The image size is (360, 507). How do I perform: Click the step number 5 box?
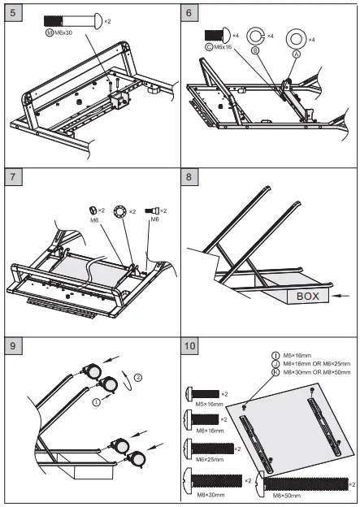point(13,13)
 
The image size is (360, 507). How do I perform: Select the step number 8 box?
point(189,177)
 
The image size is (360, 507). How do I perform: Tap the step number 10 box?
point(189,346)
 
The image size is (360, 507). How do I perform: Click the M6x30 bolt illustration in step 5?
point(73,21)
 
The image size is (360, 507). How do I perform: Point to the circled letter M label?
point(50,32)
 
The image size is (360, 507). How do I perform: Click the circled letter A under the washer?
point(297,54)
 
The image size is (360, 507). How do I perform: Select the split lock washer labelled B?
point(255,36)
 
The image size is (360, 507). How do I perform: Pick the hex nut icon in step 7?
point(93,210)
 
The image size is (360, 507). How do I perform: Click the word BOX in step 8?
point(308,297)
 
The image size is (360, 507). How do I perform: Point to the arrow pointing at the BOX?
point(340,296)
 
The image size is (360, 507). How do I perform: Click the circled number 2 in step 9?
point(138,377)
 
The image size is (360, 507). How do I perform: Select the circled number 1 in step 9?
point(97,402)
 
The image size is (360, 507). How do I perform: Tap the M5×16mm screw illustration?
point(202,394)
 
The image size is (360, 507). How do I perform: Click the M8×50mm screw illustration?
point(301,483)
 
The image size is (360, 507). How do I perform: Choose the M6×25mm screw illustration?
point(209,448)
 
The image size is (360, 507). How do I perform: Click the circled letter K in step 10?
point(275,372)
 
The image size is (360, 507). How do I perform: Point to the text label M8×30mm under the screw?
point(210,495)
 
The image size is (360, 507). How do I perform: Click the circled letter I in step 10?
point(275,355)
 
